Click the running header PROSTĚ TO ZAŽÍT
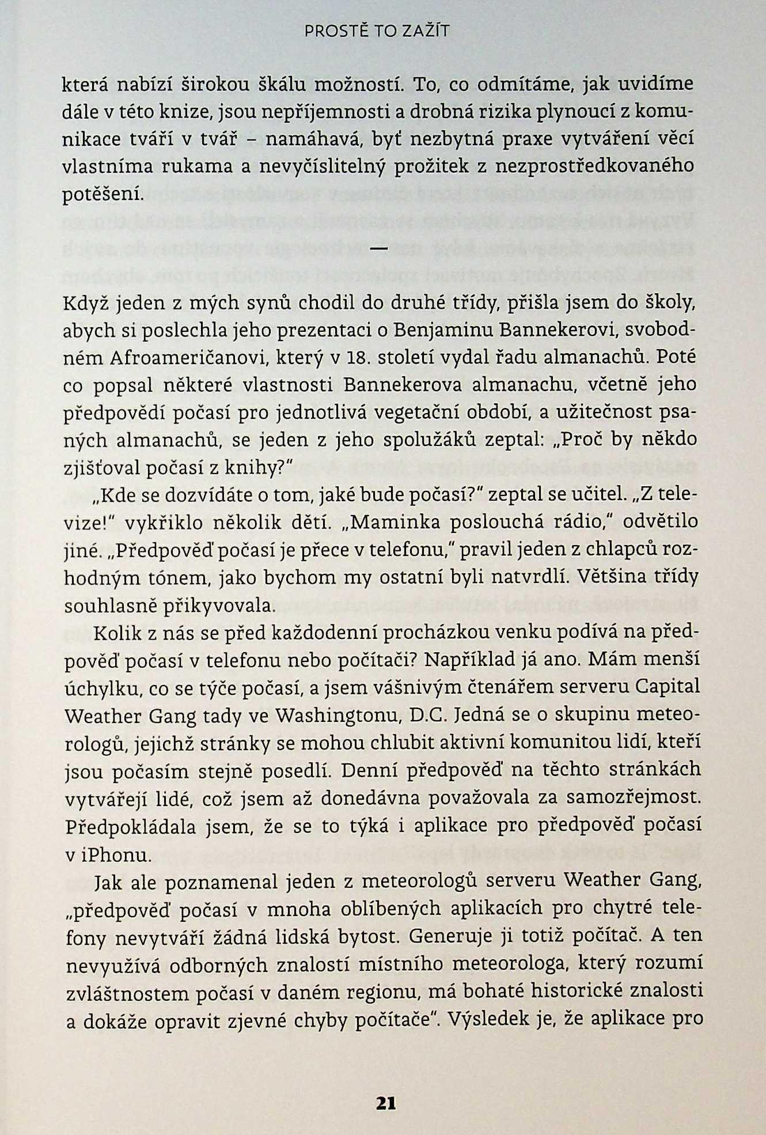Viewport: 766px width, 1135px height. [x=377, y=31]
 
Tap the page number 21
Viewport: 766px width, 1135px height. [x=385, y=1103]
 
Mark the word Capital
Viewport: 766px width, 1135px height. [x=669, y=687]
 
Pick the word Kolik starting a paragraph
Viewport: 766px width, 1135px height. [x=117, y=632]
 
